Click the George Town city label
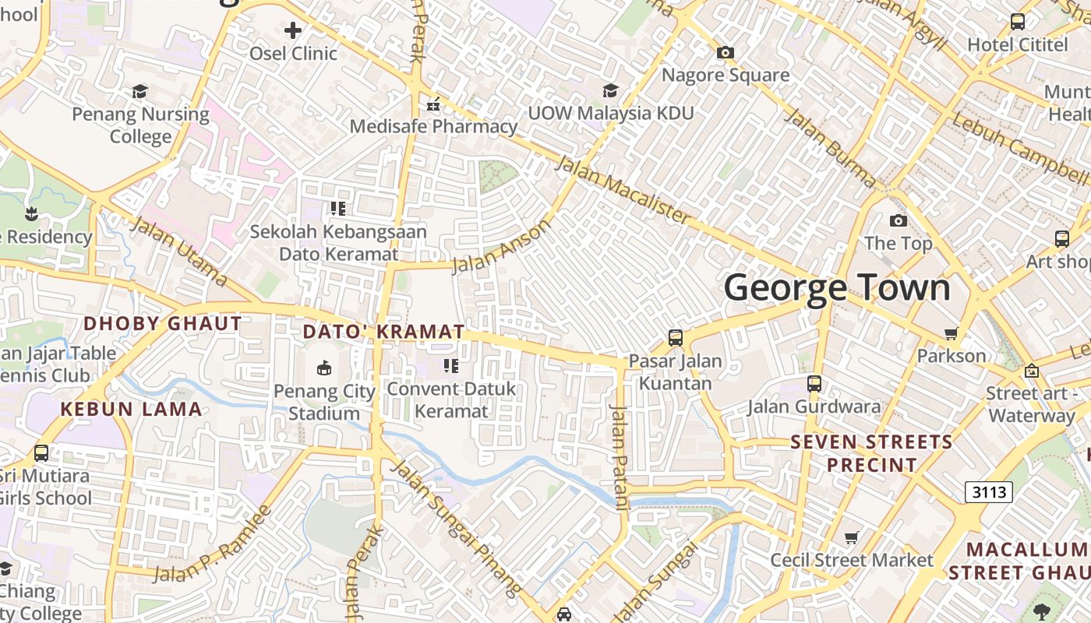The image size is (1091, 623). point(837,287)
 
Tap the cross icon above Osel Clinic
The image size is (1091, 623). point(293,31)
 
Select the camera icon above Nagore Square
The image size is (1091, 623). point(726,53)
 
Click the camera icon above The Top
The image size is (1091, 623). point(898,221)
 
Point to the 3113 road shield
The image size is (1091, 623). point(988,492)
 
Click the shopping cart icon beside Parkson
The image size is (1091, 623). point(951,334)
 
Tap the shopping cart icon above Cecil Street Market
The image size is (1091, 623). point(852,537)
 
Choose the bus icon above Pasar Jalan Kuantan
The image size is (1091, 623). point(676,338)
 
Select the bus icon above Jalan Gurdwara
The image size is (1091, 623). point(814,384)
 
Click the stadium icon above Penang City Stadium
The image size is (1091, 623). point(324,368)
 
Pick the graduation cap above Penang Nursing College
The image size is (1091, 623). point(140,92)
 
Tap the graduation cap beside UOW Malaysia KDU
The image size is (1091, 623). point(610,91)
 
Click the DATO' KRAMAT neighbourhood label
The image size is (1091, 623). point(383,332)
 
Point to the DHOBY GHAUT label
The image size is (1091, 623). point(162,323)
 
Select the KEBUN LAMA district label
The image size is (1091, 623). point(131,409)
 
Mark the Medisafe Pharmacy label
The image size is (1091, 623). point(433,126)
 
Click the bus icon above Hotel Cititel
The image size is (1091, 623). point(1017,22)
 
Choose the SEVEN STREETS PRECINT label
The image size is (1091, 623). point(871,453)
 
